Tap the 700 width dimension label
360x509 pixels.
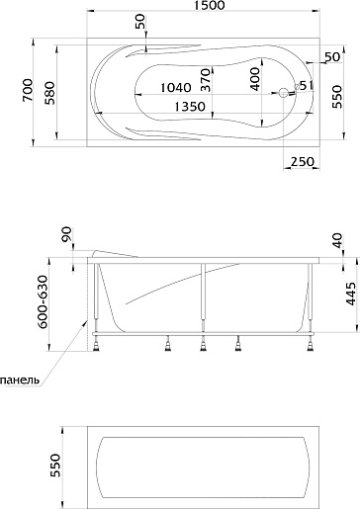(28, 90)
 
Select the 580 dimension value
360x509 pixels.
(51, 93)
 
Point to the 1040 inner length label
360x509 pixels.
(176, 88)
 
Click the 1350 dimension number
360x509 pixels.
(190, 107)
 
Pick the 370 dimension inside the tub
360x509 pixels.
(205, 80)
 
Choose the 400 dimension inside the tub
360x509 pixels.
(254, 79)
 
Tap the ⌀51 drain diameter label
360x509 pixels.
(304, 86)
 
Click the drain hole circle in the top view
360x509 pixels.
(283, 93)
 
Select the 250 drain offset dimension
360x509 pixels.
(302, 162)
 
